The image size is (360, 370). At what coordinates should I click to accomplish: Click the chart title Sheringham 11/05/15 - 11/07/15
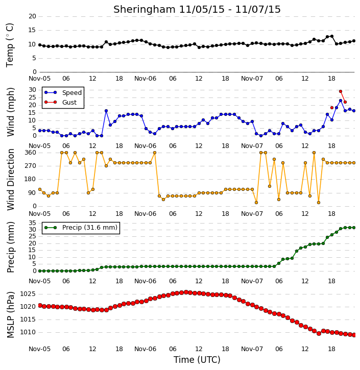pos(197,9)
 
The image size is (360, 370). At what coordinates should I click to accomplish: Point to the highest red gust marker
pos(341,91)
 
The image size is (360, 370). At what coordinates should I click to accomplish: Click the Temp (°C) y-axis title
pos(10,45)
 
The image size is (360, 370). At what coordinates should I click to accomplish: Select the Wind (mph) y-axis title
pos(10,112)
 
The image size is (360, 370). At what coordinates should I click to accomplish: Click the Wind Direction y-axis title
pos(10,179)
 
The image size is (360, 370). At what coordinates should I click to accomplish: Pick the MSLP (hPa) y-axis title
pos(10,315)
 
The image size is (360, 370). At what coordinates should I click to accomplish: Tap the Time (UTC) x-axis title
pos(197,360)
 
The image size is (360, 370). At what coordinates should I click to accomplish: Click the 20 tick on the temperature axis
pos(32,16)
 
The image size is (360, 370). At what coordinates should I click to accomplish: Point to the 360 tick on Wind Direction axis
pos(31,153)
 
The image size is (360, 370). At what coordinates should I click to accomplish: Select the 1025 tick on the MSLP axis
pos(28,294)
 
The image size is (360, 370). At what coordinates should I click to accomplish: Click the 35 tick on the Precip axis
pos(32,223)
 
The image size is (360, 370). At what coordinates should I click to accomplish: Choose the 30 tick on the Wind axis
pos(32,90)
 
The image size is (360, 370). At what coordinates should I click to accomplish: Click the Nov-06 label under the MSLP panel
pos(145,349)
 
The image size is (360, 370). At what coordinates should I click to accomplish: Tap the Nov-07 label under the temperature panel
pos(252,79)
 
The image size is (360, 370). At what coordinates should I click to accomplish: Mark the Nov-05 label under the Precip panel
pos(39,281)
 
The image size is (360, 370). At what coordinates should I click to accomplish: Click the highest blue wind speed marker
pos(341,101)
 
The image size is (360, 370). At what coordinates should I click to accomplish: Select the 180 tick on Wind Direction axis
pos(31,179)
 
